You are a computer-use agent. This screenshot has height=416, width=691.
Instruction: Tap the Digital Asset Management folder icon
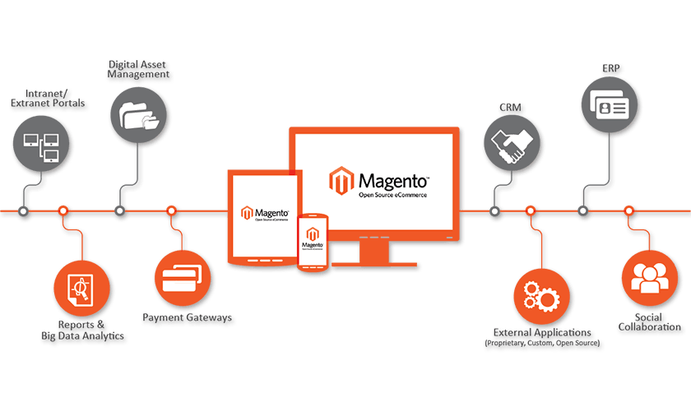138,114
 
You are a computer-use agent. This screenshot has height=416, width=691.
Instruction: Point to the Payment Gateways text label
188,318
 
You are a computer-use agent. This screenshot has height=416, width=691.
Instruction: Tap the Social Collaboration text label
650,322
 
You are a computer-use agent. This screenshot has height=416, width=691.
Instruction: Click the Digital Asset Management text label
139,69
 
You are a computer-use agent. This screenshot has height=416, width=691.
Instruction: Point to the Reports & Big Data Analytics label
82,330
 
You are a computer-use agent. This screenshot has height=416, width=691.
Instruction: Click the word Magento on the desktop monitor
392,178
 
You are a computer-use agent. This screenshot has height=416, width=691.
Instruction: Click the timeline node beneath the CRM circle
494,212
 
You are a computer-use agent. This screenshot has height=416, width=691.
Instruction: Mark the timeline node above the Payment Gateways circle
171,211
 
